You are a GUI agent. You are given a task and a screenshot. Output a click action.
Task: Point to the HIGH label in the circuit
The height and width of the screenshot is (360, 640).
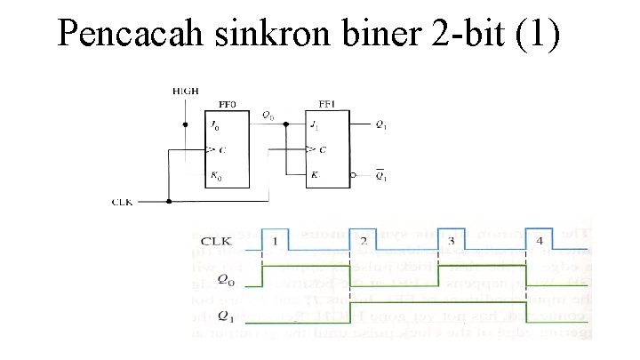[185, 92]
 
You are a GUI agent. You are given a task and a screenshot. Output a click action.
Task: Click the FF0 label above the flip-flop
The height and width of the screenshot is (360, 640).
[228, 104]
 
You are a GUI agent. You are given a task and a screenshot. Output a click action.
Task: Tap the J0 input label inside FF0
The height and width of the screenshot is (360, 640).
[214, 125]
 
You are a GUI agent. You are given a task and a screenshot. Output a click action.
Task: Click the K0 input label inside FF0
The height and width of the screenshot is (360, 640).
[214, 178]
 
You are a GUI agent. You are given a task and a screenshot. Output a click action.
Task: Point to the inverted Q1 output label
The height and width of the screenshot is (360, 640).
[380, 176]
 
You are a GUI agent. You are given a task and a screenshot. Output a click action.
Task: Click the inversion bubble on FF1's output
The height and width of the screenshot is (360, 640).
[354, 176]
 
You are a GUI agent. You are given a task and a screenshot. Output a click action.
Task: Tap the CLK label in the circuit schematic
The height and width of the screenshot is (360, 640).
[123, 202]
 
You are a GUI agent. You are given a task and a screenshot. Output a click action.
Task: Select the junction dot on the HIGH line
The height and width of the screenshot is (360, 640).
[185, 125]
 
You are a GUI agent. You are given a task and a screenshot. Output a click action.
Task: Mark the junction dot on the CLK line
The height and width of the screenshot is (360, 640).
[168, 201]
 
